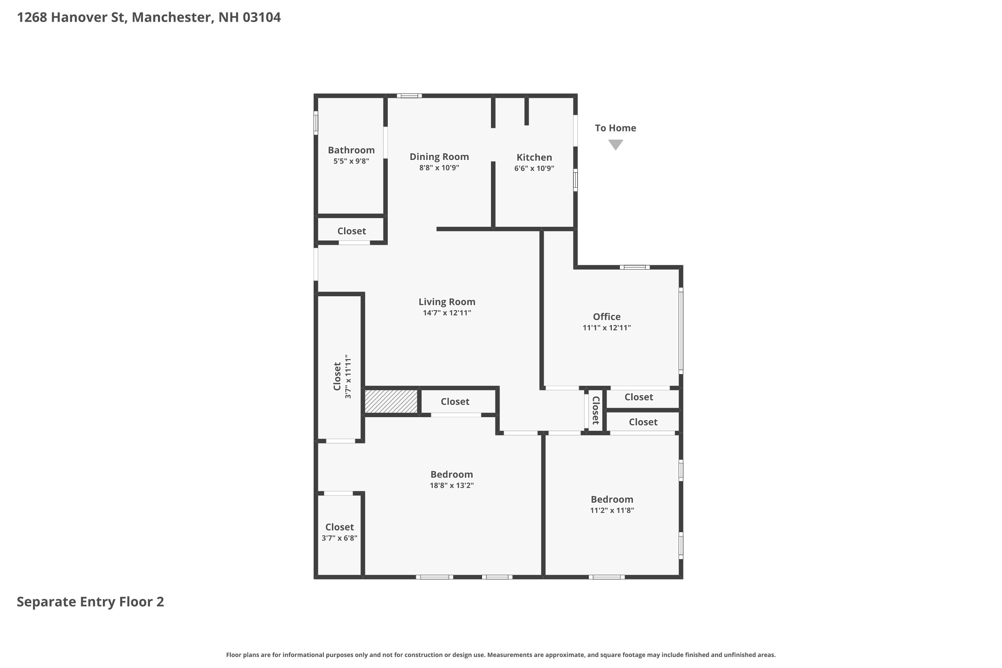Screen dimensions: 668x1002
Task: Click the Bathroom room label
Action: coord(351,150)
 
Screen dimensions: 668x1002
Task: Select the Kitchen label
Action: coord(534,157)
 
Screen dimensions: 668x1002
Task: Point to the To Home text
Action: coord(615,128)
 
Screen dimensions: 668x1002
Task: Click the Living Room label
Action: coord(447,302)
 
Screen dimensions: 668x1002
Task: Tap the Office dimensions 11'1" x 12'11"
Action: coord(606,328)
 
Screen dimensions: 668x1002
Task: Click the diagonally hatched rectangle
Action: coord(391,401)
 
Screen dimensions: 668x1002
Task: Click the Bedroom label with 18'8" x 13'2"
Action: coord(451,475)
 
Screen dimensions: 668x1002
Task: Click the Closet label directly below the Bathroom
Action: coord(351,231)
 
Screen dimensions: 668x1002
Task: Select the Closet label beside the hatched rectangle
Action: coord(455,401)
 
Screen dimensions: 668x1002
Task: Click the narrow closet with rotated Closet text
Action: coord(596,410)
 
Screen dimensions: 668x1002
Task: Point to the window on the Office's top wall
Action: coord(634,267)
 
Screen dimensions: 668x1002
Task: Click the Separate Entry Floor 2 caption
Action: coord(90,602)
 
